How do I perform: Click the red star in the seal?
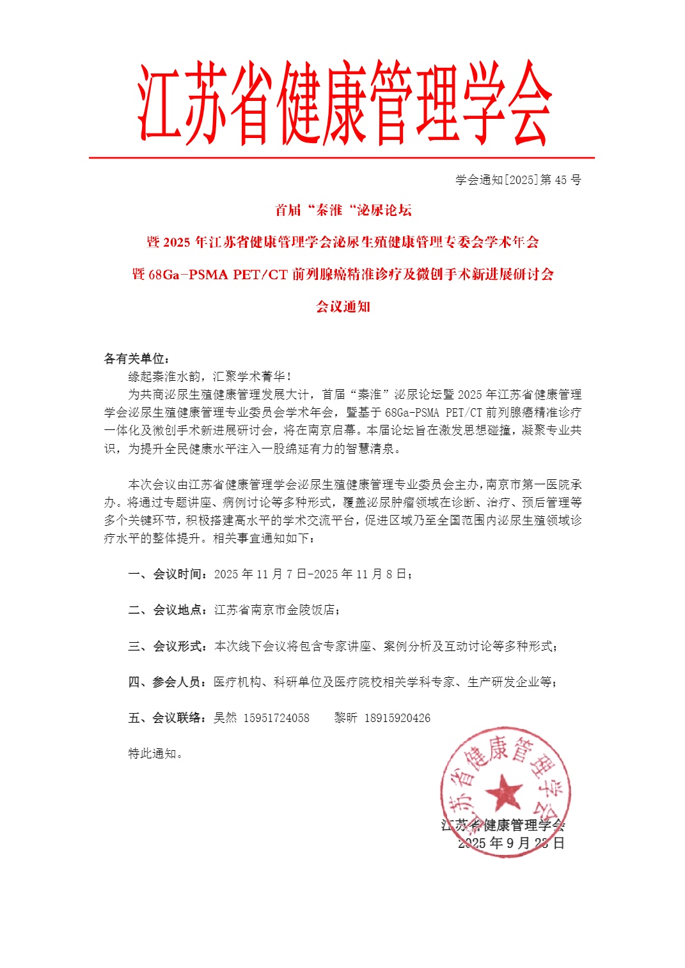504,792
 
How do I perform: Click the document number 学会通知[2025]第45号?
518,180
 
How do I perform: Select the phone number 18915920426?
397,718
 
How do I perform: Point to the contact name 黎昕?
345,718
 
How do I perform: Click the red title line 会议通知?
343,307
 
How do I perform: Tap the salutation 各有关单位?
134,358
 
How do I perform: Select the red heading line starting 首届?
343,210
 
